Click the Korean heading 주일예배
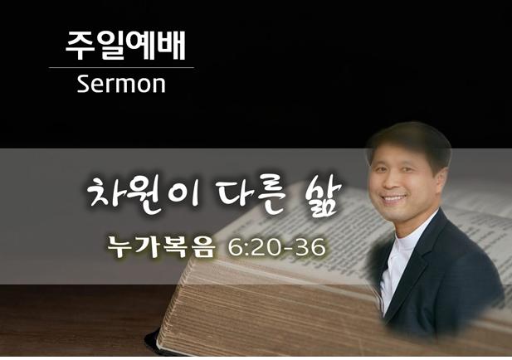[125, 46]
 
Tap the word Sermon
[121, 85]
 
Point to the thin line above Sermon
[121, 67]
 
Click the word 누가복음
[162, 247]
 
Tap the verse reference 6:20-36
[276, 247]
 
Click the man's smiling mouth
[394, 199]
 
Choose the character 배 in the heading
[172, 46]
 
